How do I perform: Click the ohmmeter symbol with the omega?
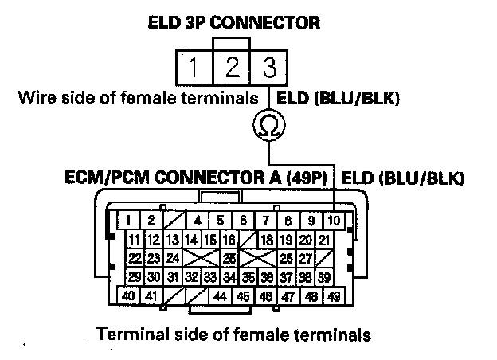[266, 124]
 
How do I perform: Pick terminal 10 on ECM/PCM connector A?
[333, 221]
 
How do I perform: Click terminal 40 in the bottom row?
[127, 296]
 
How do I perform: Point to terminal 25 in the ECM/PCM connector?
[229, 258]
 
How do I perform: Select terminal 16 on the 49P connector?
[228, 240]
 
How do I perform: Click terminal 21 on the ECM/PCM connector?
[323, 240]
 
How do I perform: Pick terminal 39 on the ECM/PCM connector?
[323, 276]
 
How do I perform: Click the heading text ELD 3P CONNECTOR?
[235, 23]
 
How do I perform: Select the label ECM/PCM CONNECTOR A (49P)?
[197, 177]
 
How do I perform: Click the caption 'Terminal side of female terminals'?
[233, 335]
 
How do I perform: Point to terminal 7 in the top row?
[263, 221]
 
